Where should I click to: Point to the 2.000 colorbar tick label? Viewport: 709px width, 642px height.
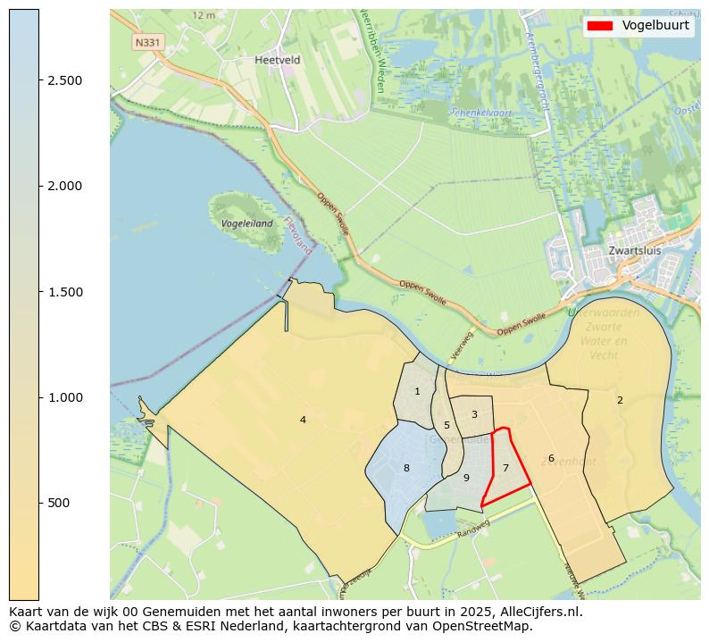[x=65, y=186]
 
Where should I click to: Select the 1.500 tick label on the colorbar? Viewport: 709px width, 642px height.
[x=65, y=292]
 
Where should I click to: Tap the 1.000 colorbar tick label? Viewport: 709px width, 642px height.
[x=65, y=397]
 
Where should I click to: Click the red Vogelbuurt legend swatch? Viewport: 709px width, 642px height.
[x=600, y=26]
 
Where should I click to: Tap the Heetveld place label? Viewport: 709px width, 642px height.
[x=277, y=60]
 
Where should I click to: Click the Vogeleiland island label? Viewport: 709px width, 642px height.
[x=247, y=223]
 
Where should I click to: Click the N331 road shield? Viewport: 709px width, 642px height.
[x=147, y=42]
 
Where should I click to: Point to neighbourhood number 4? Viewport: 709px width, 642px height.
[x=303, y=420]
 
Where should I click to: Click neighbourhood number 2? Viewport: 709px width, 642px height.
[x=620, y=400]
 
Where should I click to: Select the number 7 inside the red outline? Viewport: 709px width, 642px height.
[x=505, y=468]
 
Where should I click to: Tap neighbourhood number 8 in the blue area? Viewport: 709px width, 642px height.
[x=406, y=468]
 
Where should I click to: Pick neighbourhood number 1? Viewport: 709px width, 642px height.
[x=417, y=391]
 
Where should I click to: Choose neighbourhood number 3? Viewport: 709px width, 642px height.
[x=474, y=414]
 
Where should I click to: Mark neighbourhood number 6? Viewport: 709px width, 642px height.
[x=551, y=458]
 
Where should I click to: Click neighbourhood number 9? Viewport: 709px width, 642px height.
[x=466, y=478]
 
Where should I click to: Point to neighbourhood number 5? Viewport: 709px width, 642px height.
[x=446, y=425]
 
